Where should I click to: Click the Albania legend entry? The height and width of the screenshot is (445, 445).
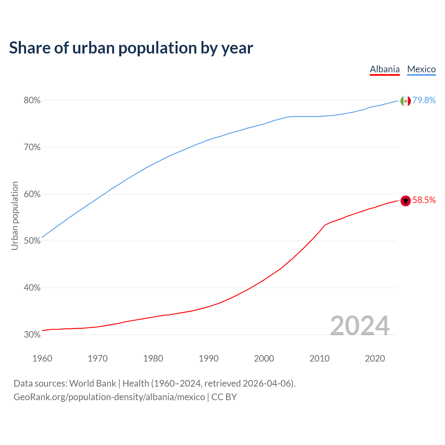(385, 69)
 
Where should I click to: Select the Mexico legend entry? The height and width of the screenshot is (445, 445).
(421, 69)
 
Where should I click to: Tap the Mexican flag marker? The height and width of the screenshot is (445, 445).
(405, 101)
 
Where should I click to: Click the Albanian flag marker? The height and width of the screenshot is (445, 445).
(405, 201)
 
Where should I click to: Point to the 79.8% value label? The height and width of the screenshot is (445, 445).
(424, 100)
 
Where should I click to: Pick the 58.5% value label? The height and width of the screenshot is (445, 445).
(424, 200)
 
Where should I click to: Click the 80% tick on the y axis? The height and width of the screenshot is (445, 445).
(32, 100)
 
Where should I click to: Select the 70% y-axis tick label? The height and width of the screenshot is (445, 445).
(32, 147)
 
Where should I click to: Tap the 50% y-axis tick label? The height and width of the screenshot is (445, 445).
(32, 241)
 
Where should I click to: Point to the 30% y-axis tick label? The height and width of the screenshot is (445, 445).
(32, 335)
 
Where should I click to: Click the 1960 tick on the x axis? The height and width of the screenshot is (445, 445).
(42, 358)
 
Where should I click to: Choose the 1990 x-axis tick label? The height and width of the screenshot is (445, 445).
(209, 358)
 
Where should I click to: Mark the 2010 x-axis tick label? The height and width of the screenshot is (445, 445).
(319, 358)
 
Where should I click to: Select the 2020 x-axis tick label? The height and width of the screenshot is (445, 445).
(375, 358)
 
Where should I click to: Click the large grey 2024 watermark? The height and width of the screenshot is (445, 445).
(359, 326)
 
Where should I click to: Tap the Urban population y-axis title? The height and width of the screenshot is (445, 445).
(15, 216)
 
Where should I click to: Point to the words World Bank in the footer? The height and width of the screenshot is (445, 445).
(92, 383)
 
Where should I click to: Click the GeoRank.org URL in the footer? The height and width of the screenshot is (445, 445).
(109, 397)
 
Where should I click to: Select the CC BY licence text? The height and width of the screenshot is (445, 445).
(224, 397)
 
